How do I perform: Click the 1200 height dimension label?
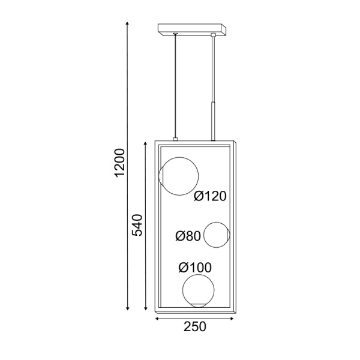tap(119, 163)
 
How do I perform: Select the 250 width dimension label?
tap(195, 326)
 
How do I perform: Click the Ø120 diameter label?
tap(210, 196)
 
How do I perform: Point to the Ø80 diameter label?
tap(188, 236)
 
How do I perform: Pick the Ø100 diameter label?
tap(195, 268)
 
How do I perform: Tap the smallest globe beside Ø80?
tap(204, 235)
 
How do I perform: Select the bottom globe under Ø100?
tap(182, 291)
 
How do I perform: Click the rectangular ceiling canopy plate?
tap(192, 29)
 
